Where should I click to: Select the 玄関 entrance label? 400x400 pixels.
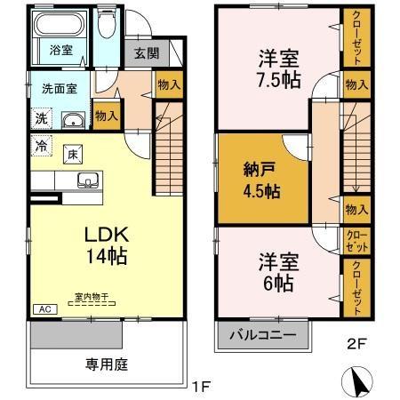147,53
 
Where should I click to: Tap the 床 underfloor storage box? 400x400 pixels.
72,153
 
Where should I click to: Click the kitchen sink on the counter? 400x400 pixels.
89,181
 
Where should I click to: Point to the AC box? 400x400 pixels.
42,308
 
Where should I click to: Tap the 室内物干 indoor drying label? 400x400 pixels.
91,297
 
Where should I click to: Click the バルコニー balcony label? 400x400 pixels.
263,336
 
